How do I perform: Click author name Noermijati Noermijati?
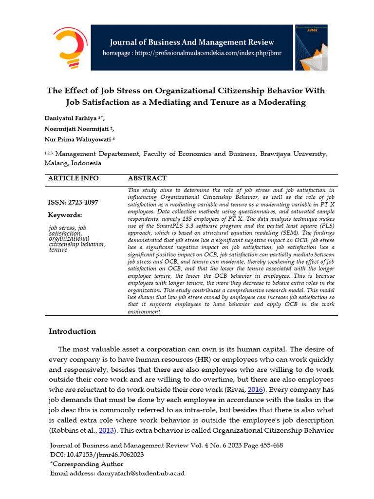(x=78, y=129)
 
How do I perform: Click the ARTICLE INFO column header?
(x=73, y=178)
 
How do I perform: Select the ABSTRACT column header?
(x=147, y=178)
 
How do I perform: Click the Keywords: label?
(x=65, y=215)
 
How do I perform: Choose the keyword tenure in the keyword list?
(x=58, y=250)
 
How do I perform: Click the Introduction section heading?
(x=72, y=331)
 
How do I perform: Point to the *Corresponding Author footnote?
(x=87, y=464)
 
